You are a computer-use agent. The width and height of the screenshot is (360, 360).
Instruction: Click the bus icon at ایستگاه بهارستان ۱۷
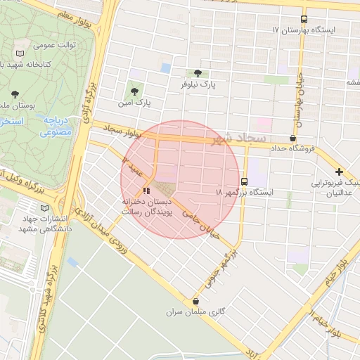(x=304, y=20)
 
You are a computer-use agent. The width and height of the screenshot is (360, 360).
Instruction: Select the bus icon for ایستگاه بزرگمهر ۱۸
(x=244, y=181)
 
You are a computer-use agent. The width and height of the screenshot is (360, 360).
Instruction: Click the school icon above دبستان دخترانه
(x=146, y=190)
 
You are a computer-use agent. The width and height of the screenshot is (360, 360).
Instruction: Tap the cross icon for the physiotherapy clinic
(x=339, y=172)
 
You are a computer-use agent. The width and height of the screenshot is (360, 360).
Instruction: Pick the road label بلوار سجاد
(x=123, y=130)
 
